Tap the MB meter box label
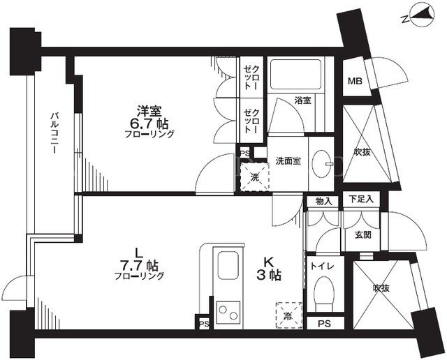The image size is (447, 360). (355, 81)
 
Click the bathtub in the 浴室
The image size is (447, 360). (295, 75)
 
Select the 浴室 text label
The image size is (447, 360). (302, 100)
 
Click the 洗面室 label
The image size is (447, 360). (288, 161)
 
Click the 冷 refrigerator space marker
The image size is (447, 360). (288, 315)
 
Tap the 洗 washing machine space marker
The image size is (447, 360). (254, 177)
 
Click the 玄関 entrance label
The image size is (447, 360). (363, 235)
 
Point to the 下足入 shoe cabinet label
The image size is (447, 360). (361, 199)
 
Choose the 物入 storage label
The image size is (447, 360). (324, 202)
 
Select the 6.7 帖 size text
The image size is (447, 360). (149, 124)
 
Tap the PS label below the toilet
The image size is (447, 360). (324, 324)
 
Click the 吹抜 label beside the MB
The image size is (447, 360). (362, 152)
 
